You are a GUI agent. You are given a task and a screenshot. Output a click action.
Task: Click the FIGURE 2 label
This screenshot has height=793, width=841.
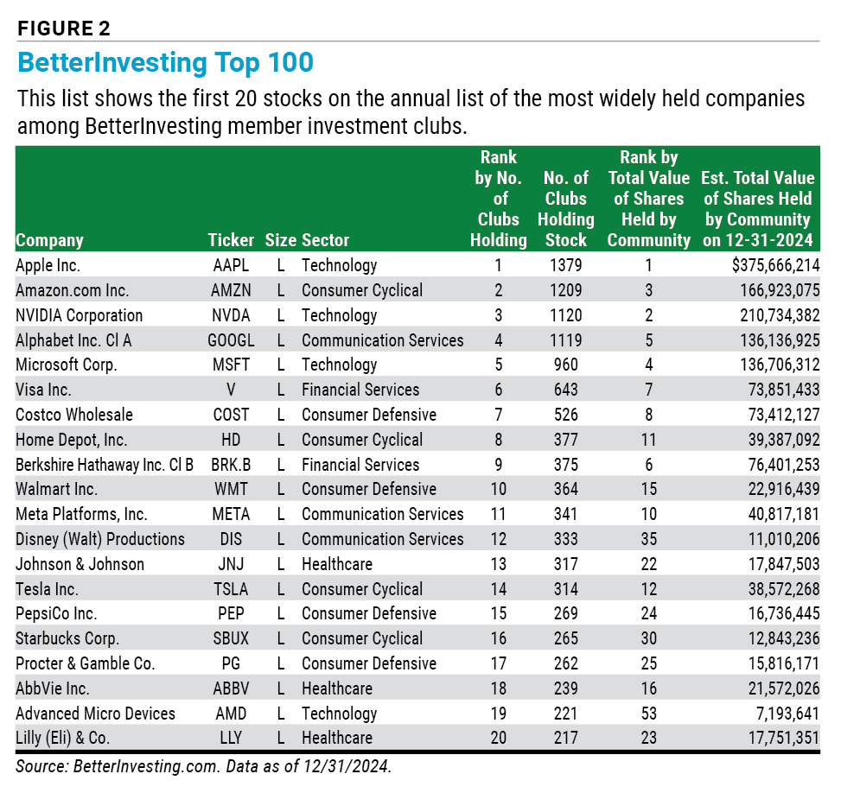[x=64, y=29]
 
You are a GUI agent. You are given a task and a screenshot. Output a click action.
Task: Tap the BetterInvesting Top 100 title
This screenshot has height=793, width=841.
[x=165, y=63]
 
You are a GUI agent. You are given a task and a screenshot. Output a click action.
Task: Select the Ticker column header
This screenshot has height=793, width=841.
[x=231, y=240]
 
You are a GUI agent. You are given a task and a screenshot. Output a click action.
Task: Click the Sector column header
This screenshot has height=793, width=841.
[x=326, y=240]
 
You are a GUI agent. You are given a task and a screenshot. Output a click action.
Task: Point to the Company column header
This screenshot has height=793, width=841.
[x=50, y=241]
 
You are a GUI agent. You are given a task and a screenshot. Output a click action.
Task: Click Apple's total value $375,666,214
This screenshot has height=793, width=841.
[x=775, y=265]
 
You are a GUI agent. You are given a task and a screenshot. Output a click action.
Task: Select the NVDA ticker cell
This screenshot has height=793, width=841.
[x=231, y=315]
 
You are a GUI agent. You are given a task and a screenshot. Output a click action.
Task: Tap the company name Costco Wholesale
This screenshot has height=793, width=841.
[x=74, y=415]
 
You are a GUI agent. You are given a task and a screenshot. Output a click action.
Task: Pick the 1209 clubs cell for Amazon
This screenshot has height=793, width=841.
[x=566, y=290]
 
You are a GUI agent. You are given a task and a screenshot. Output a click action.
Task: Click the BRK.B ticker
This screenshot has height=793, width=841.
[x=231, y=465]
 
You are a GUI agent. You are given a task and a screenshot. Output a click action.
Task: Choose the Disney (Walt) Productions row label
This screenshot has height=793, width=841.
[x=100, y=539]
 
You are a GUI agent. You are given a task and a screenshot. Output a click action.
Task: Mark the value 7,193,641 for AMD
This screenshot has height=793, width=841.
[x=784, y=714]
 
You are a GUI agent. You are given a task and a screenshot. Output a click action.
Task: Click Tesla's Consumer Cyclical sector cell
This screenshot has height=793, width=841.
[x=362, y=589]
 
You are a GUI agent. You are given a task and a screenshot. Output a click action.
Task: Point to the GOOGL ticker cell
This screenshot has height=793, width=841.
[x=231, y=340]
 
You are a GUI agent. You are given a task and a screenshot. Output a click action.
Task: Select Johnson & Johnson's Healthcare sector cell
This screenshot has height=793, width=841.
[x=337, y=564]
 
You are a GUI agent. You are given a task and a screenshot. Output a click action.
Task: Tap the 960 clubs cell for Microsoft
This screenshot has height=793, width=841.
[x=566, y=365]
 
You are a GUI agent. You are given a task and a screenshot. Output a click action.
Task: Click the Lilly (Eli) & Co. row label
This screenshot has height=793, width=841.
[x=63, y=739]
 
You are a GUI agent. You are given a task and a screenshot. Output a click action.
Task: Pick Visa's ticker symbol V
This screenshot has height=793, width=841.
[x=231, y=390]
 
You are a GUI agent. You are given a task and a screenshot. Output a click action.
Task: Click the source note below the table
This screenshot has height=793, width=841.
[x=204, y=766]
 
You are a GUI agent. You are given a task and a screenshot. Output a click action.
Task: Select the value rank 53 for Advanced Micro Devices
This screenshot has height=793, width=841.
[x=649, y=714]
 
